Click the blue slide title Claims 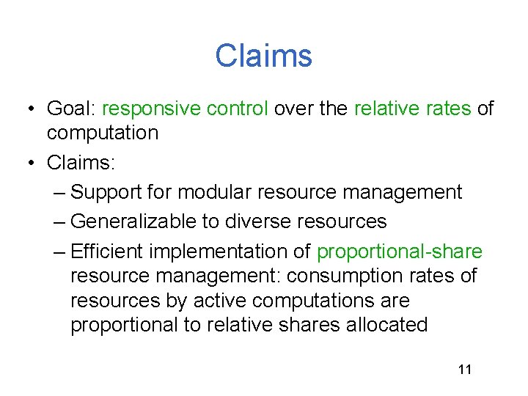tap(263, 56)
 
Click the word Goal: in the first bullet tap(71, 109)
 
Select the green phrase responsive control tap(186, 109)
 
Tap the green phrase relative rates tap(413, 109)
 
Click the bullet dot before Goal tap(29, 110)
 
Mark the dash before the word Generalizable tap(60, 221)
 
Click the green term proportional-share tap(399, 252)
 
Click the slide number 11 tap(464, 370)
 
